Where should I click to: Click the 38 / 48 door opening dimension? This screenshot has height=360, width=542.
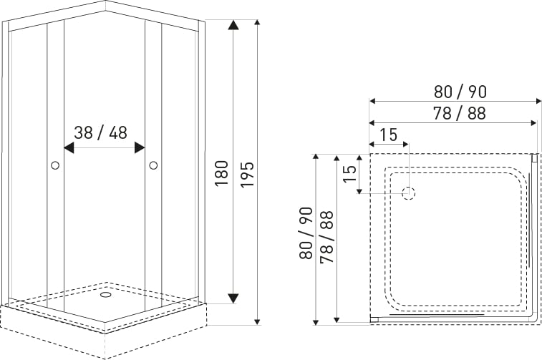[x=100, y=132]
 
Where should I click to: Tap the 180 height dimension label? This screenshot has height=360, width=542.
[x=221, y=173]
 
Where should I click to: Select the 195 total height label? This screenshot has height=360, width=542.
[x=247, y=175]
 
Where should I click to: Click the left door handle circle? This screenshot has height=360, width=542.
[x=55, y=165]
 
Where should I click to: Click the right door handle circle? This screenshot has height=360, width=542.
[x=153, y=165]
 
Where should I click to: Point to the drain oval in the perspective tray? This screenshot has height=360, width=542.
[x=105, y=295]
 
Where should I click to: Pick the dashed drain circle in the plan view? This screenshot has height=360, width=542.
[x=409, y=193]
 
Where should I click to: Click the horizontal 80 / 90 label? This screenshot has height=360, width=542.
[x=460, y=92]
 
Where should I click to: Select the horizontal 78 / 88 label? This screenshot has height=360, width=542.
[x=460, y=113]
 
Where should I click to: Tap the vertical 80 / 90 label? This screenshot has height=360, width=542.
[x=306, y=233]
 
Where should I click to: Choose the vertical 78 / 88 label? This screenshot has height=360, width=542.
[x=326, y=237]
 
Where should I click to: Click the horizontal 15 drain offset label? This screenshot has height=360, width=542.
[x=389, y=135]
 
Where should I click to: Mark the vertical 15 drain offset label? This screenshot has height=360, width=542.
[x=349, y=174]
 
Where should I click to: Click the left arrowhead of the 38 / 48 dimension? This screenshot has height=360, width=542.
[x=69, y=147]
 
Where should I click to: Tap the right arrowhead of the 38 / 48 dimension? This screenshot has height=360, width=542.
[x=140, y=147]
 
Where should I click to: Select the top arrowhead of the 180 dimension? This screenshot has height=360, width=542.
[x=233, y=25]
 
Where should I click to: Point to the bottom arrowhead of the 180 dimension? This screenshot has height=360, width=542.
[x=233, y=298]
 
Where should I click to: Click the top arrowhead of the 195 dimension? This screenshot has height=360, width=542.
[x=257, y=22]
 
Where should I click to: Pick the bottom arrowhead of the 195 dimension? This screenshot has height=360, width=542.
[x=257, y=322]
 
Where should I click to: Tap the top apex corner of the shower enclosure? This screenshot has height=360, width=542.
[x=105, y=1]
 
